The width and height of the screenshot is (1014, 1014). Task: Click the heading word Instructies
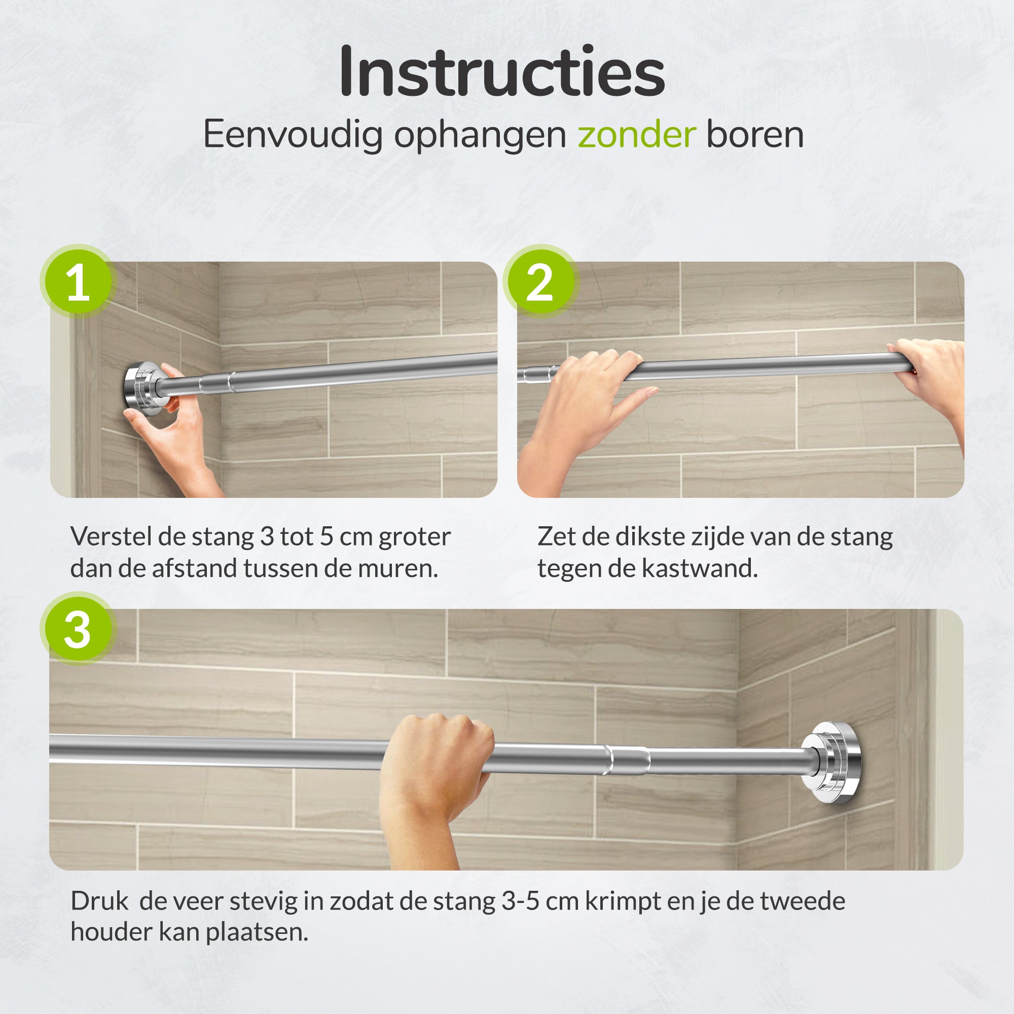[x=502, y=72]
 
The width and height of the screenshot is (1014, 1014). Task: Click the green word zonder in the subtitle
[x=637, y=135]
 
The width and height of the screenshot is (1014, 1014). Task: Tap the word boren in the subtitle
[x=755, y=135]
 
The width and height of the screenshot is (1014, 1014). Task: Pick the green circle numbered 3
[x=78, y=629]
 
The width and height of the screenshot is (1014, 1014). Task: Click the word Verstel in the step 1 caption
[x=111, y=537]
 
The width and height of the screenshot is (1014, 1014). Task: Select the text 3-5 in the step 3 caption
[x=520, y=901]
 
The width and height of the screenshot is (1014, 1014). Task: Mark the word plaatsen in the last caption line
[x=257, y=933]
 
